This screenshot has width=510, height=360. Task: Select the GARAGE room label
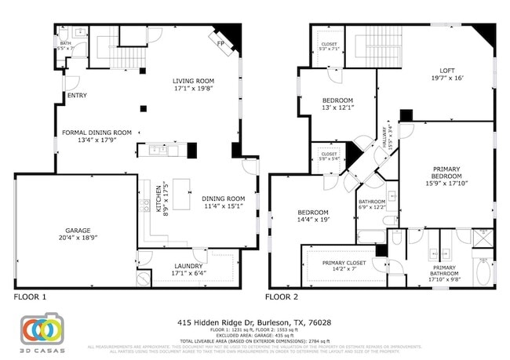(x=77, y=234)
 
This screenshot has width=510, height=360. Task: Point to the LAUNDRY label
(x=188, y=269)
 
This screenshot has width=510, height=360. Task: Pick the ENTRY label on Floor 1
(x=77, y=96)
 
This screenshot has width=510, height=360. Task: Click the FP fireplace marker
(x=220, y=42)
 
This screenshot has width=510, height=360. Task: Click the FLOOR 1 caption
(x=31, y=297)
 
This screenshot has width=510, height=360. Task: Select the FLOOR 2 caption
(x=282, y=297)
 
